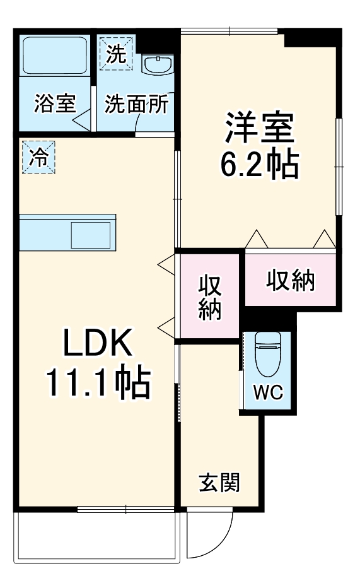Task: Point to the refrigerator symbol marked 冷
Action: [39, 157]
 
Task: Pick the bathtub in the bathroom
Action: [54, 56]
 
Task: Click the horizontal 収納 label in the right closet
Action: [289, 281]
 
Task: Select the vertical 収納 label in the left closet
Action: [209, 298]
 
